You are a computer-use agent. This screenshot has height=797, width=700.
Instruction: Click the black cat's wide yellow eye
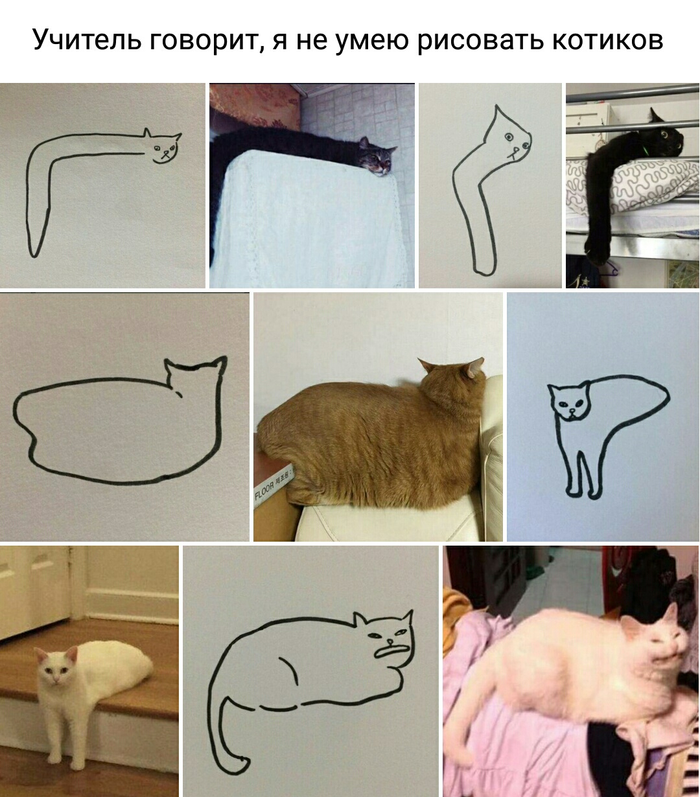(664, 135)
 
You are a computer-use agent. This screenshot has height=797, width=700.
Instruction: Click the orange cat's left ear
(426, 364)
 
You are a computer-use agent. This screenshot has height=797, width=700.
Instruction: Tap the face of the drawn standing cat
(569, 404)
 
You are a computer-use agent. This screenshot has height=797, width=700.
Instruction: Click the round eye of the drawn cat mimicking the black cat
(508, 137)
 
